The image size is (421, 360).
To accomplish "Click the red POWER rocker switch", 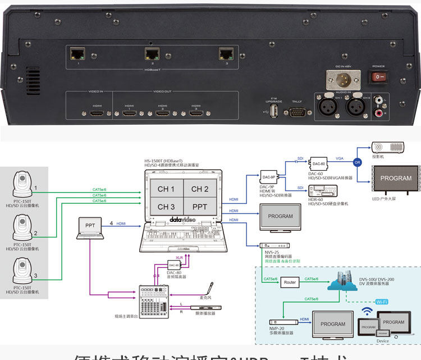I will [x=380, y=76].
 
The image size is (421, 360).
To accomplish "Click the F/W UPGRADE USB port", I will [x=274, y=112].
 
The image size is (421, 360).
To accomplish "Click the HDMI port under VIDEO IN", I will [x=96, y=113].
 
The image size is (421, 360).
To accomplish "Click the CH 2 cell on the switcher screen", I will [x=199, y=189].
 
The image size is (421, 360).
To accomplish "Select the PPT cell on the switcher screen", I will [x=199, y=207].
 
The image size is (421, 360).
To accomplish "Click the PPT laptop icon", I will [x=90, y=227].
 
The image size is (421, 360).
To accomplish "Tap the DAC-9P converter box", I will [x=269, y=177].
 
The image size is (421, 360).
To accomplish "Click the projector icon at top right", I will [x=394, y=148].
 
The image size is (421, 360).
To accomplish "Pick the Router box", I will [x=290, y=282].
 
